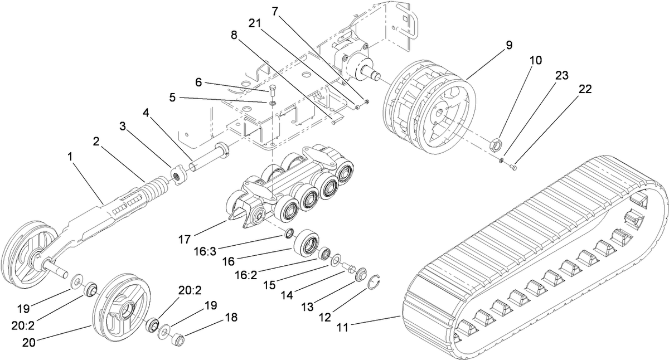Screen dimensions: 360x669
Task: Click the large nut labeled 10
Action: coord(495,146)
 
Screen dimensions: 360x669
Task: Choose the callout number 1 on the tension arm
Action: coord(70,158)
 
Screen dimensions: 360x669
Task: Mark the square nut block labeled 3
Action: coord(178,176)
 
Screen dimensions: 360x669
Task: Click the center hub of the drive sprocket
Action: coord(438,117)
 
